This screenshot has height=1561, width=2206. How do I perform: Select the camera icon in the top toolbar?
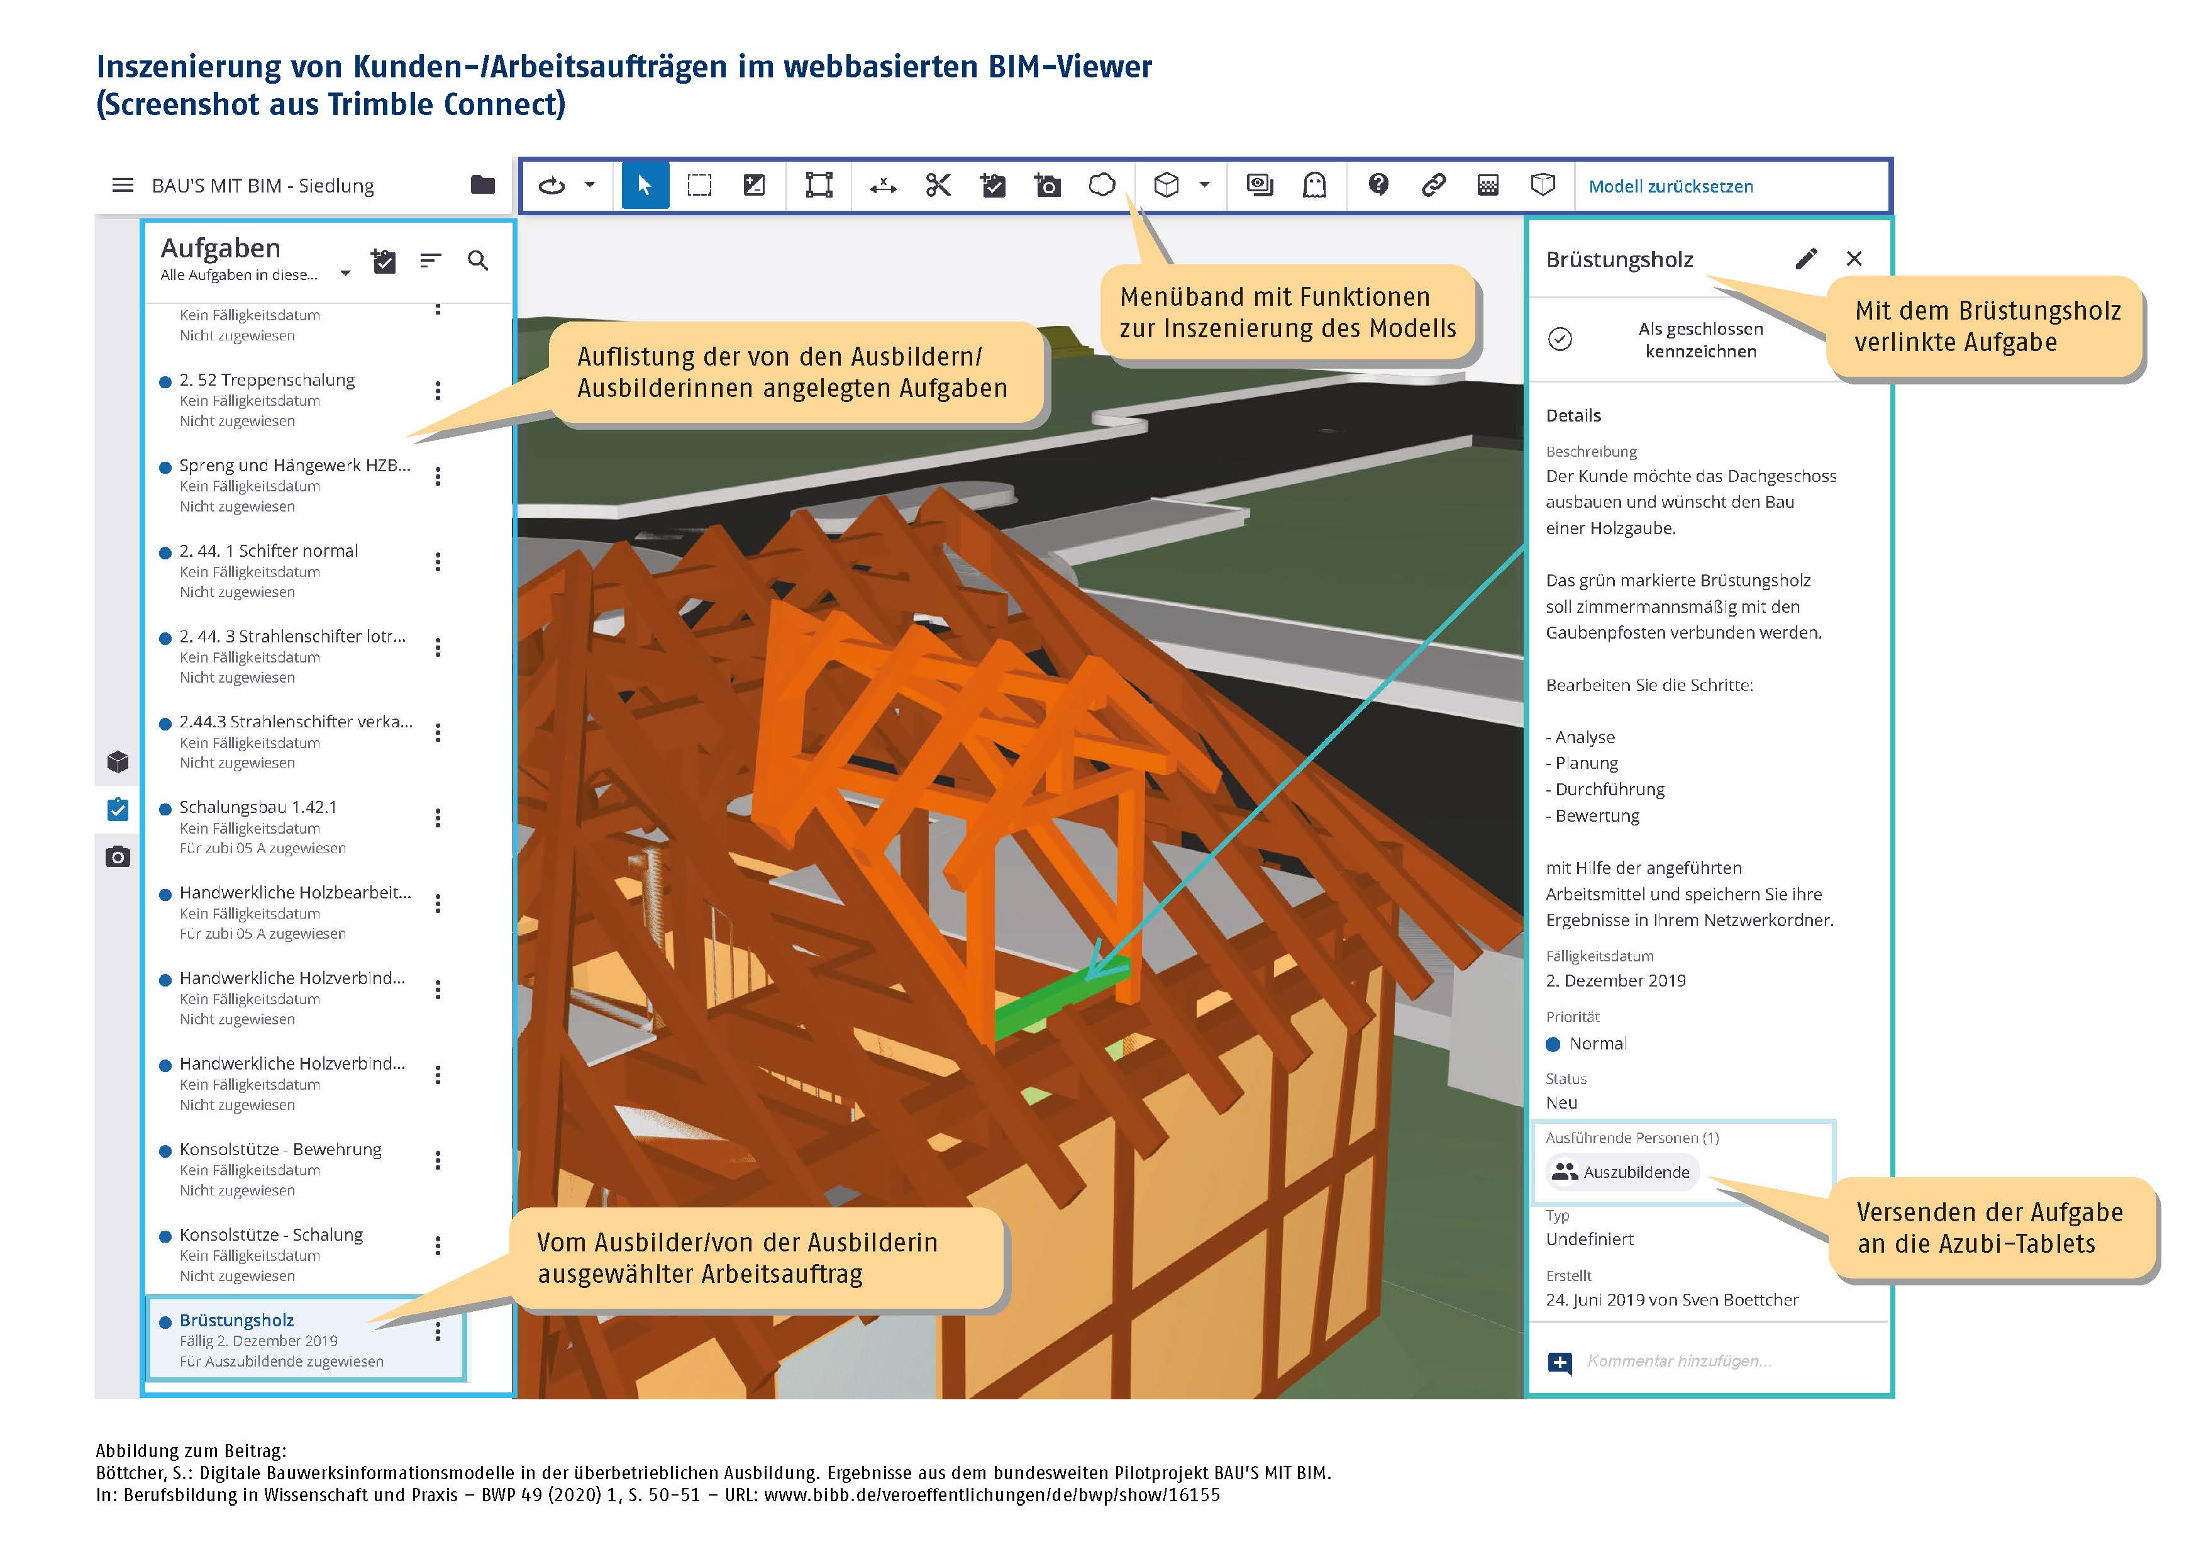coord(1047,186)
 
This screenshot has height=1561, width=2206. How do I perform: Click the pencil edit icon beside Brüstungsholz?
coord(1805,259)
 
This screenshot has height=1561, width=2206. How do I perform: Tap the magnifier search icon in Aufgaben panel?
coord(477,260)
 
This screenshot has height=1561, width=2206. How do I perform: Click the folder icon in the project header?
coord(482,184)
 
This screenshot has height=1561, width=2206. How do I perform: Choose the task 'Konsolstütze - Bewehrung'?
coord(280,1150)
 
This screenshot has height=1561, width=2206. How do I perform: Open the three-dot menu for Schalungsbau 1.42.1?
coord(438,818)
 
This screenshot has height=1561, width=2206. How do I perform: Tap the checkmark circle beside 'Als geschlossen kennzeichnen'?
coord(1560,339)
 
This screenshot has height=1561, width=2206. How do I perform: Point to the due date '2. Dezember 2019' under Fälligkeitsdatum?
coord(1615,980)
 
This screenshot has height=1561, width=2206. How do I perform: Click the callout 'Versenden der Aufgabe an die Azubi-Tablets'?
coord(1989,1228)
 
